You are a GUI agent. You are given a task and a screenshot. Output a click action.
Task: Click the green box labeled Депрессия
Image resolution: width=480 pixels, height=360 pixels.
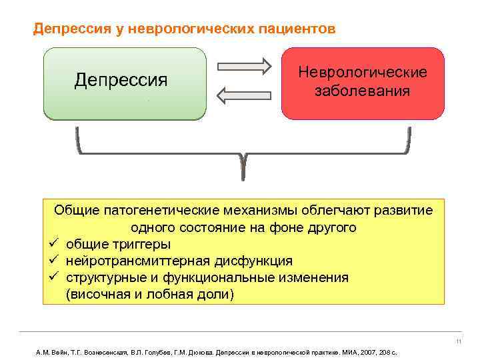coord(125,83)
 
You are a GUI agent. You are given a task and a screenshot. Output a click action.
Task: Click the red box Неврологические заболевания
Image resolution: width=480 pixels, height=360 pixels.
coord(362,83)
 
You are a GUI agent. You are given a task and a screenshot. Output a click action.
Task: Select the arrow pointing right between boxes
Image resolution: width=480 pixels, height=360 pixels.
coord(245,67)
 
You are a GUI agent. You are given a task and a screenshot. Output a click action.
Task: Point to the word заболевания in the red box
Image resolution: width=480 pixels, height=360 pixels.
coord(362,90)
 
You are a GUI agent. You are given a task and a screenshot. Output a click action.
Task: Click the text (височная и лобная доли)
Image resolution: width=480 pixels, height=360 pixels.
coord(150,294)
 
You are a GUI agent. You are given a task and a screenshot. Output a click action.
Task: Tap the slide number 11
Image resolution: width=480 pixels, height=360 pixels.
coord(459,343)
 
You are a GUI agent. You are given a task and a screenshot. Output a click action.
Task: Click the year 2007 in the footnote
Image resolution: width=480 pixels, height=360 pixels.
coord(364,351)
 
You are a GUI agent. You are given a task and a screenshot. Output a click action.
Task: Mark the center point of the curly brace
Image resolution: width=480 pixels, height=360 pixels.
coord(243,160)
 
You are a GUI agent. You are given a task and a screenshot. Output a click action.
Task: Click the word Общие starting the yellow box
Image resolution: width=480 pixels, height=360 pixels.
coord(77,211)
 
